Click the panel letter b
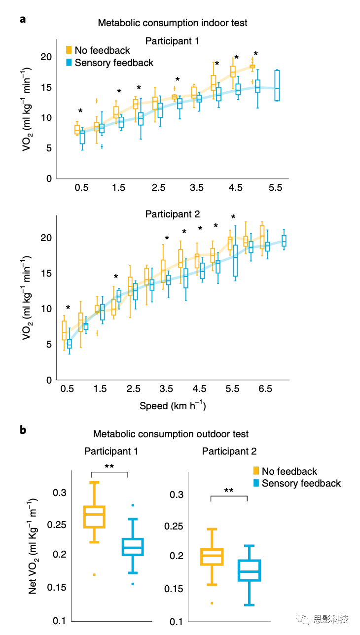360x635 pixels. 23,430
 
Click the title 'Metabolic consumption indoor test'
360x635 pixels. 173,23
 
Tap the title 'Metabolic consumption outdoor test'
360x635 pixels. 171,434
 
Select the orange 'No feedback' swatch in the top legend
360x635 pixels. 70,50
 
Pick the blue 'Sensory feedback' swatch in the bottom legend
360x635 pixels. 256,483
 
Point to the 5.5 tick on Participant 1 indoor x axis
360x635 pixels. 275,188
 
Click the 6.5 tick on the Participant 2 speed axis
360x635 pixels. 265,389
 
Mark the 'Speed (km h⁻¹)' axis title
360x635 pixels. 172,406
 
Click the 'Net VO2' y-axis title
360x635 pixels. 33,545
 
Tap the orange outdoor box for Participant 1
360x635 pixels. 93,517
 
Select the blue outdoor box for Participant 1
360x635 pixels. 133,547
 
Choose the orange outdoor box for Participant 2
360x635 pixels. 212,557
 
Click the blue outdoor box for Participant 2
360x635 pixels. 249,570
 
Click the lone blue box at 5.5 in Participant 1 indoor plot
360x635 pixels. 277,86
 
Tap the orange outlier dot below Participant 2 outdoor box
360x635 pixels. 212,603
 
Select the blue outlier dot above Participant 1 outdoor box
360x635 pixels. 133,505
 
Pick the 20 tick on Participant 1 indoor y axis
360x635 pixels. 46,57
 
